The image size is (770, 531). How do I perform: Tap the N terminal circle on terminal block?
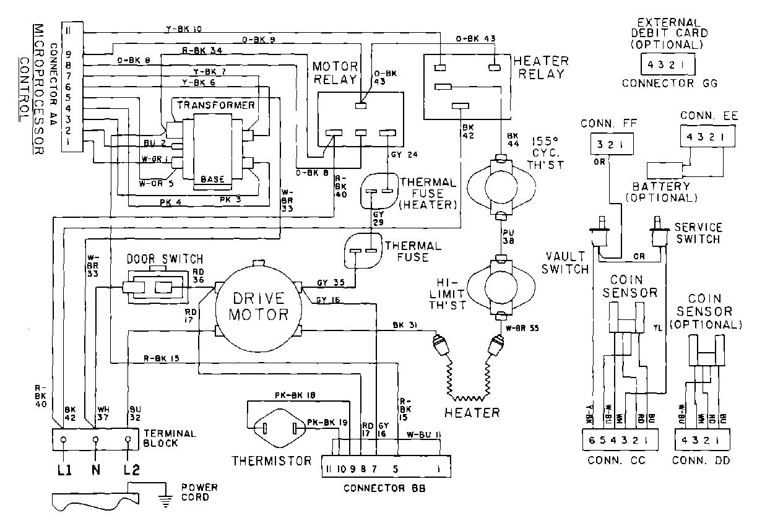[96, 440]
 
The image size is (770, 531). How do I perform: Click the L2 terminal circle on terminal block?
[128, 440]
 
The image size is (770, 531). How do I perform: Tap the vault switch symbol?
[600, 236]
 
